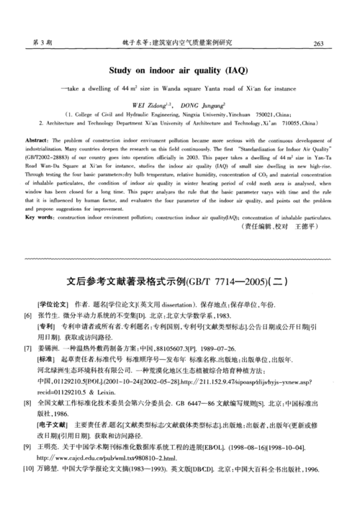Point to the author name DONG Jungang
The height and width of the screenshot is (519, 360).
pyautogui.click(x=206, y=104)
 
